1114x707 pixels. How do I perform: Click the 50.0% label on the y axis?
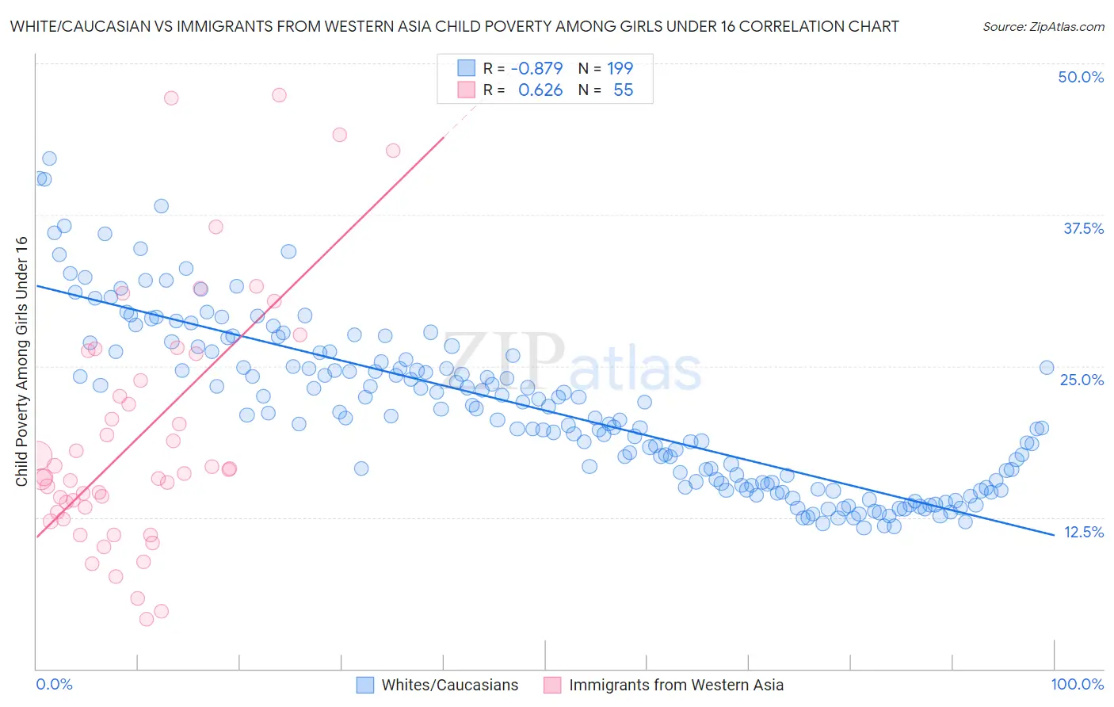[1081, 77]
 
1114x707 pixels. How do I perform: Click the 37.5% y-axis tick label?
[1083, 228]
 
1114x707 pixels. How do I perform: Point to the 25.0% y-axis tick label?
[1082, 380]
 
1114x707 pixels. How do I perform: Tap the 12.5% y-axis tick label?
[1083, 532]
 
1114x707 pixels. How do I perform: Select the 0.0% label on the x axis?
[54, 684]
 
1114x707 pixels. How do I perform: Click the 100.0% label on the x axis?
[1077, 684]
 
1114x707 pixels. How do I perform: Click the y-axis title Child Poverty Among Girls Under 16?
[21, 361]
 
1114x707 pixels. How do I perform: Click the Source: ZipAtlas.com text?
[1043, 26]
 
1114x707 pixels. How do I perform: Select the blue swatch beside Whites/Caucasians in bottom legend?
[364, 685]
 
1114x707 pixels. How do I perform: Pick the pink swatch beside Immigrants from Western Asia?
[552, 685]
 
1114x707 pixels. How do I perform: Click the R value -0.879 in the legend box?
[536, 68]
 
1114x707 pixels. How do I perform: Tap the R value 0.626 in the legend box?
[540, 90]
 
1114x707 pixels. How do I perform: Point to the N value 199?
[620, 68]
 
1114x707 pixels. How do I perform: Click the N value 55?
[623, 90]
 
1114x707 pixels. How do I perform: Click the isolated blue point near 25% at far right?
[1046, 367]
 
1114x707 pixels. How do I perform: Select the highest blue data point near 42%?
[49, 159]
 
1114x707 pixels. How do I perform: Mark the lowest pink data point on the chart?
[147, 619]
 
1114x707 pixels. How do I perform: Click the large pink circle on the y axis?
[36, 457]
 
